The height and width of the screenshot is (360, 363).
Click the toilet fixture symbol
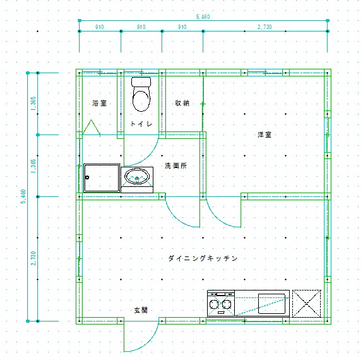point(141,94)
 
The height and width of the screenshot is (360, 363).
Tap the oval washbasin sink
point(137,177)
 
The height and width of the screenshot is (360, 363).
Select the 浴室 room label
point(99,103)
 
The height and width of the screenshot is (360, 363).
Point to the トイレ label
point(141,124)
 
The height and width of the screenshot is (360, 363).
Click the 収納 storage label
point(182,103)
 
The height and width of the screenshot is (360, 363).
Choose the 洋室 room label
point(265,135)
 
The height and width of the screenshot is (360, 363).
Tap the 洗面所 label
point(176,165)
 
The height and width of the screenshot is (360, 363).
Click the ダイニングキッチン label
point(203,258)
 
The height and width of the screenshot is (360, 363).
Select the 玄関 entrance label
point(141,310)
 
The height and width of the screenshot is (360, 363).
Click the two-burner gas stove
point(221,304)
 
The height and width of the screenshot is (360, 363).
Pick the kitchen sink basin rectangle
point(271,304)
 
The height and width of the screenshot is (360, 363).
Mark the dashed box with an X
point(307,304)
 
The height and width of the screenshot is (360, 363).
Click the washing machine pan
point(102,178)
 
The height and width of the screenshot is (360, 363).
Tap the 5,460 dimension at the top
point(203,16)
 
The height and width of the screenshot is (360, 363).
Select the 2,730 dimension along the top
point(265,27)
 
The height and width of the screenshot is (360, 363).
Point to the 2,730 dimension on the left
point(33,258)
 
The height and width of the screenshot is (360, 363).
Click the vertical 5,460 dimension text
point(23,196)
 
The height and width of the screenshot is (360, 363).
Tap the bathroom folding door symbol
point(92,127)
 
